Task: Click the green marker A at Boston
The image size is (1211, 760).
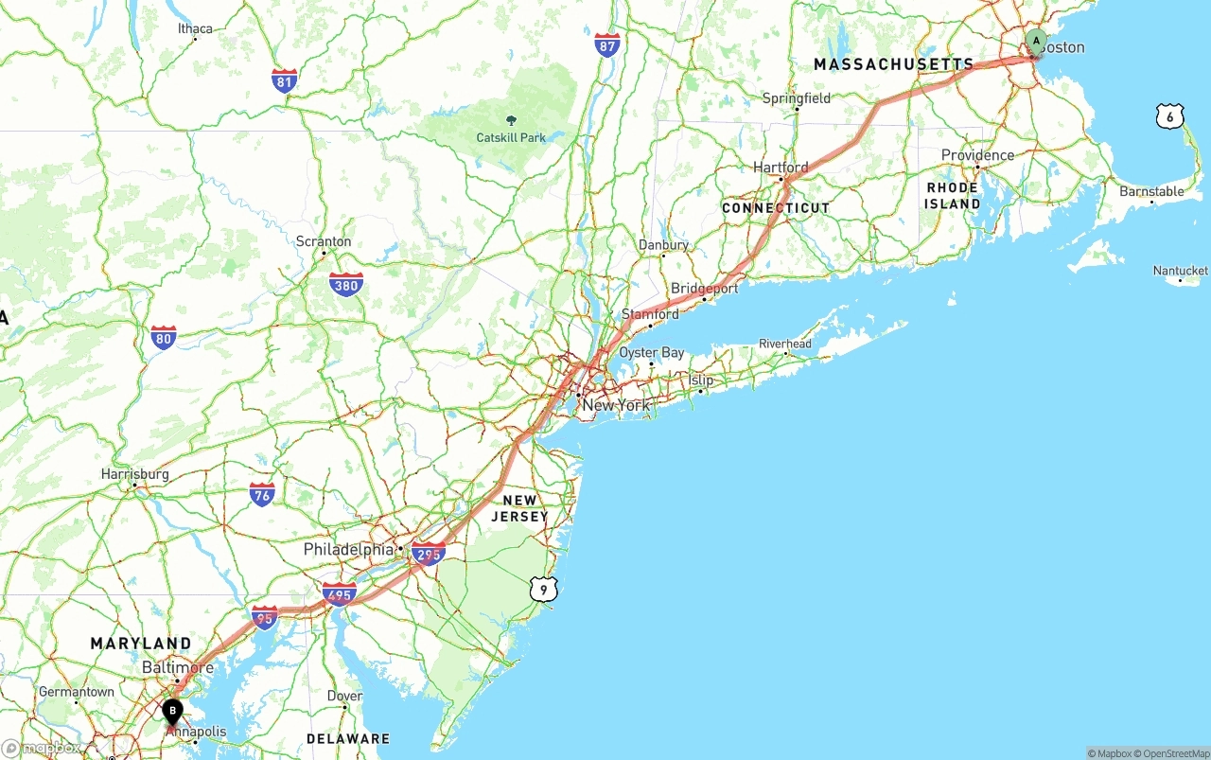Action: click(x=1036, y=42)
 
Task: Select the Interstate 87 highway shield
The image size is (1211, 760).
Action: click(x=607, y=44)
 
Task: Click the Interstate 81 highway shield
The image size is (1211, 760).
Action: click(x=284, y=80)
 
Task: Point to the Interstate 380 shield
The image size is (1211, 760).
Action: click(x=346, y=284)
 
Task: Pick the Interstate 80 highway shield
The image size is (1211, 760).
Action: click(x=164, y=337)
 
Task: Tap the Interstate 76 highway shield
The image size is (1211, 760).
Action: click(x=262, y=493)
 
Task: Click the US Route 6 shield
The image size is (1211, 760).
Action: click(x=1169, y=116)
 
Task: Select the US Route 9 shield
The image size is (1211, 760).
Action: click(x=543, y=589)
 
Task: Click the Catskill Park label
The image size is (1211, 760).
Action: click(x=511, y=137)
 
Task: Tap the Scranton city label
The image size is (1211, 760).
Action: click(x=324, y=241)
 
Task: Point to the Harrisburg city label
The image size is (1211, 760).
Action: click(x=135, y=474)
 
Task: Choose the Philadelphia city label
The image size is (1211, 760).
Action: click(x=348, y=549)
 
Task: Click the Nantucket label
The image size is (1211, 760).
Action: click(x=1180, y=271)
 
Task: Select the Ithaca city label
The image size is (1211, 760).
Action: click(x=196, y=28)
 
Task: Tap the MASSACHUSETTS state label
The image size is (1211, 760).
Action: click(x=893, y=64)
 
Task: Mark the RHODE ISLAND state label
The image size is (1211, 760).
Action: click(x=953, y=195)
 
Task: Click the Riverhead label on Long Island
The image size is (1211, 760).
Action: click(x=785, y=344)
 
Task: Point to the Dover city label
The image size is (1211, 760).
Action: click(x=344, y=696)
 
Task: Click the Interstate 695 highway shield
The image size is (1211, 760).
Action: click(x=339, y=595)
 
